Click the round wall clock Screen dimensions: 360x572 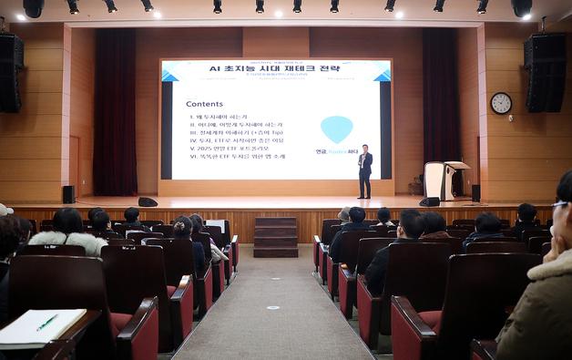501,103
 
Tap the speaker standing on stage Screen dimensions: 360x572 364,171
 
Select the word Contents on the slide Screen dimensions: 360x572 204,104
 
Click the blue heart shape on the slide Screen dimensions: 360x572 336,129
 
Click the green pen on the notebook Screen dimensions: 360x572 46,323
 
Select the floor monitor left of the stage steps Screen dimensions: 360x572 148,201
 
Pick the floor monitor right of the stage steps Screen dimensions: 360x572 429,201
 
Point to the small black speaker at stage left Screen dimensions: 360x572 68,194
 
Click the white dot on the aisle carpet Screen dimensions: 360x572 272,307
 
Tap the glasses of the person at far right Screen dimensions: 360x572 560,205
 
